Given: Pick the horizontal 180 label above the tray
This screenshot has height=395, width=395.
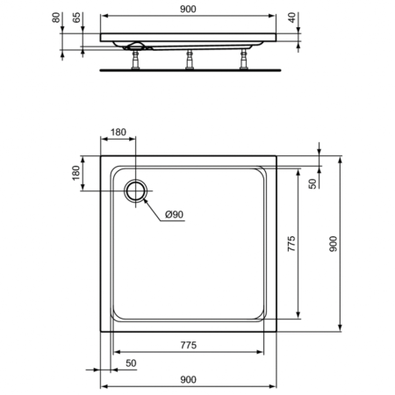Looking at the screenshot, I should pos(119,133).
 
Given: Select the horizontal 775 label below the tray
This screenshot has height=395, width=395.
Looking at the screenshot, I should pos(189,343).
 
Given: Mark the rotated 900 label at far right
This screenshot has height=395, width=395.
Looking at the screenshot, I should pos(332,248).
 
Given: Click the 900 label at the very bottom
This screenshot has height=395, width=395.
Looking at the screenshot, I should pos(189,378).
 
